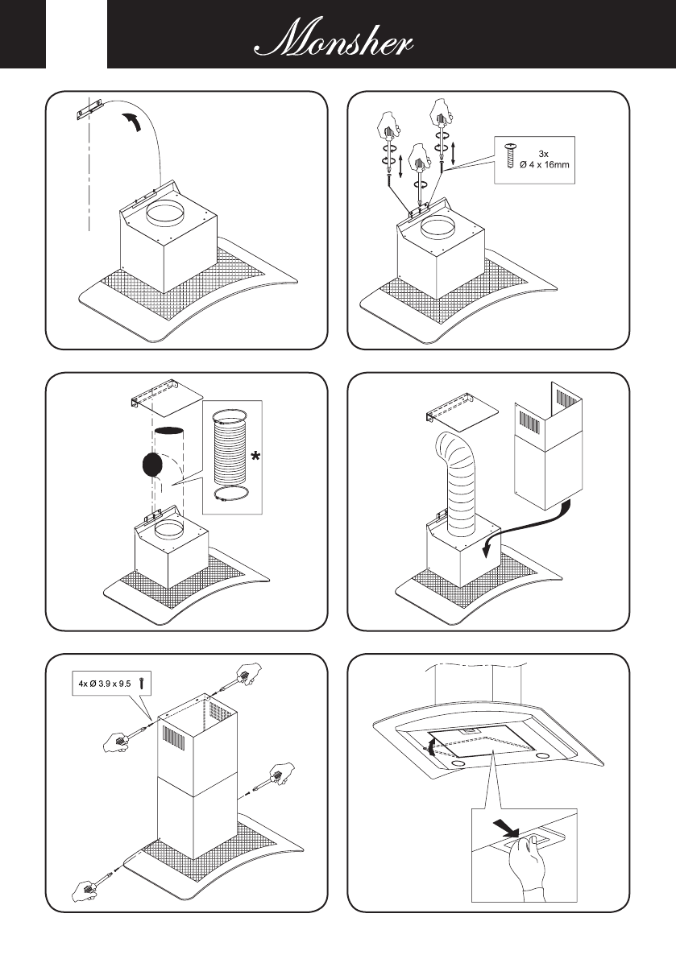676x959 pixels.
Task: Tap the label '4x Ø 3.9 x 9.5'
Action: (105, 681)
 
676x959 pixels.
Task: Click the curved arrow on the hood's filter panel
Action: (431, 745)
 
